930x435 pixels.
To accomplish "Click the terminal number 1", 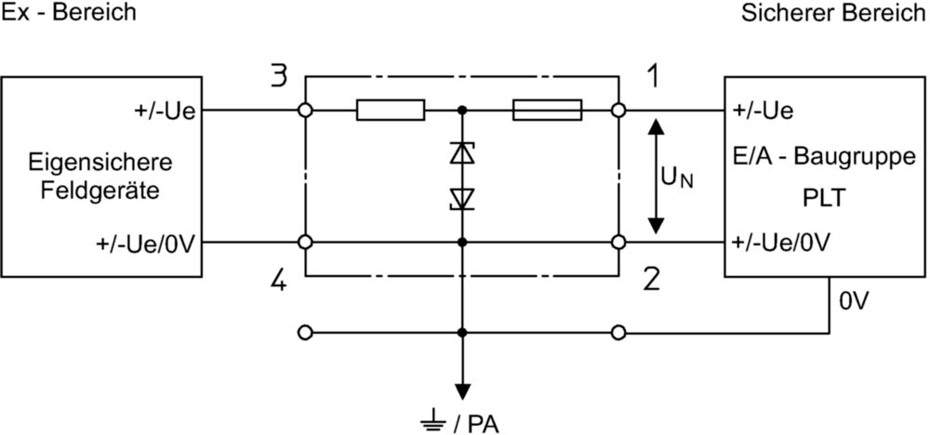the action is click(x=653, y=77).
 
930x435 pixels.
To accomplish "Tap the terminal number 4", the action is click(x=278, y=281).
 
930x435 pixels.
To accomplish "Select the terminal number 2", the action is click(x=652, y=281).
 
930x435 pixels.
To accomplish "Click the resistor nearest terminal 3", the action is click(x=391, y=111).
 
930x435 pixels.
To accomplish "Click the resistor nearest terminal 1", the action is click(x=547, y=111).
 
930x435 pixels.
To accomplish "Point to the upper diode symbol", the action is click(x=462, y=153).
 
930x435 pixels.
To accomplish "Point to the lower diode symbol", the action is click(x=462, y=199).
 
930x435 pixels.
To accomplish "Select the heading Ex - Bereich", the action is click(x=69, y=12).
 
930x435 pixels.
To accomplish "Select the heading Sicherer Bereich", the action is click(x=835, y=12).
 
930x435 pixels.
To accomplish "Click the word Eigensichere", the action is click(x=100, y=162).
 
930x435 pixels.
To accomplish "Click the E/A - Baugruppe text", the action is click(x=824, y=158).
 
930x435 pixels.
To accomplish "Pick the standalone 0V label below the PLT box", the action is click(x=854, y=302).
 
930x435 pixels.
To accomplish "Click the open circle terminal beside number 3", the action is click(x=305, y=111).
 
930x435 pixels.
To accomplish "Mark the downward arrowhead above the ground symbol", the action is click(x=462, y=392).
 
